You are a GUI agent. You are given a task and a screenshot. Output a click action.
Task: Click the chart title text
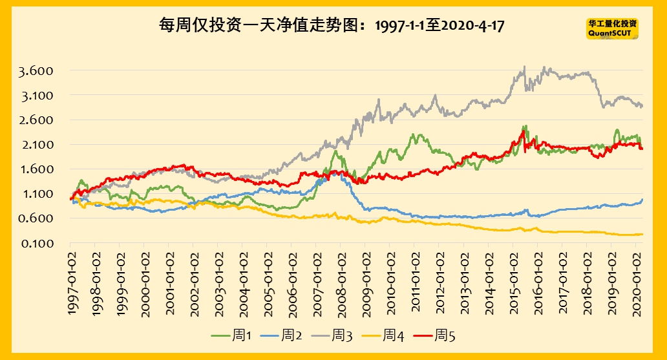332,26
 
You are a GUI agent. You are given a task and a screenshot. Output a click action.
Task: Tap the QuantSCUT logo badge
611,28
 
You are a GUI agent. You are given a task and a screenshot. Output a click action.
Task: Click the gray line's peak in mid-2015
524,66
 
